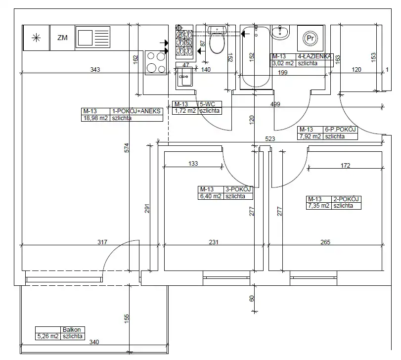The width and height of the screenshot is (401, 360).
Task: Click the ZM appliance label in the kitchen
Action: point(62,38)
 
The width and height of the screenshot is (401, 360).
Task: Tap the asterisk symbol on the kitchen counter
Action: point(36,38)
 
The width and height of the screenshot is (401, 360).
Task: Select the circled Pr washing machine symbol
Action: point(310,39)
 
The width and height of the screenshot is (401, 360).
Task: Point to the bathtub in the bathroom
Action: point(256,57)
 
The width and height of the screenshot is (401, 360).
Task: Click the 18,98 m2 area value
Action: point(95,118)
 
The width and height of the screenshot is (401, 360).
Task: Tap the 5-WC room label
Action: point(207,104)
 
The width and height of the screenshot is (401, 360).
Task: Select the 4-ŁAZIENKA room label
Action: point(314,56)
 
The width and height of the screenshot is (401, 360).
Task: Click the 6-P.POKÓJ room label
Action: point(340,130)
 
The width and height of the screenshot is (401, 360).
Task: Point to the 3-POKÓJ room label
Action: point(238,189)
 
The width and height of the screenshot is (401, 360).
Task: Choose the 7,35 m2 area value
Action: point(318,206)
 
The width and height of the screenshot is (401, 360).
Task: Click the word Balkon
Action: point(72,330)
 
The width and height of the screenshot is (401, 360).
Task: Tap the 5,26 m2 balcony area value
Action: point(48,336)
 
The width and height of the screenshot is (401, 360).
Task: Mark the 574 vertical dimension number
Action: point(127,148)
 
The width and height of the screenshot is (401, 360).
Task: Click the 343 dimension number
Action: point(95,70)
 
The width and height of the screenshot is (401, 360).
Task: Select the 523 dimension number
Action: point(270,139)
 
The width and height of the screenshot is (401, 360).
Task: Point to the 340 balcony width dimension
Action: point(94,342)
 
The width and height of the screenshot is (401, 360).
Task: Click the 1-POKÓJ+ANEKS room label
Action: point(136,111)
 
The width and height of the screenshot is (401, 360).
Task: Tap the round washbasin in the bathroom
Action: point(280,33)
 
